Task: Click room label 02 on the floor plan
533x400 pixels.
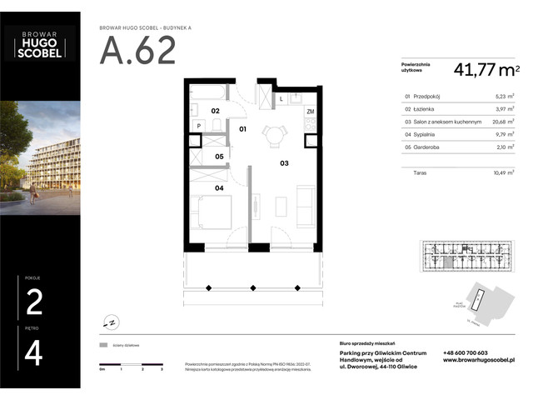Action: (215, 111)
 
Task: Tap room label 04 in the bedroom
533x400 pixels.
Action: (219, 188)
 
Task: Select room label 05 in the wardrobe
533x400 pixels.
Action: (220, 156)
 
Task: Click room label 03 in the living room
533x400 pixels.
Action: (284, 163)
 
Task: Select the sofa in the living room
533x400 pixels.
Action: (306, 202)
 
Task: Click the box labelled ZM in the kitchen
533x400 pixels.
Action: (310, 111)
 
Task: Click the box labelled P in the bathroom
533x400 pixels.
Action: (198, 127)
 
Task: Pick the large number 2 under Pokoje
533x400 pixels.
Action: (34, 302)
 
